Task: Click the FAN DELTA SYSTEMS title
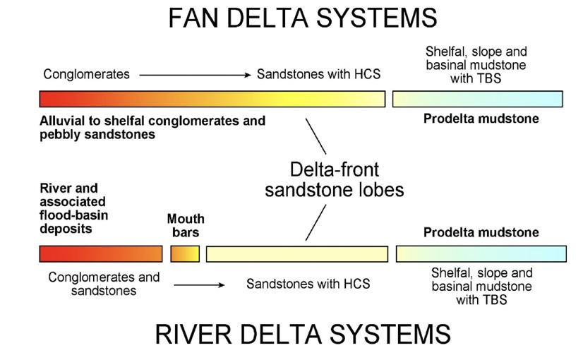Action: pyautogui.click(x=302, y=18)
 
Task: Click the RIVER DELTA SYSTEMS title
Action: pyautogui.click(x=302, y=334)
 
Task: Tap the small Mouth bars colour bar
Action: pyautogui.click(x=185, y=253)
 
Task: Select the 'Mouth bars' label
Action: pyautogui.click(x=183, y=225)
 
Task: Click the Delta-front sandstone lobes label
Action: pyautogui.click(x=335, y=179)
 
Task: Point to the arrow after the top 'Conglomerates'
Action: pyautogui.click(x=195, y=74)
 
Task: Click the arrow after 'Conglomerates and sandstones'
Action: pyautogui.click(x=199, y=285)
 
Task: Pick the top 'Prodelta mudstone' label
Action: pyautogui.click(x=481, y=119)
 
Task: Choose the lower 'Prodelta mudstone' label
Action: pyautogui.click(x=481, y=232)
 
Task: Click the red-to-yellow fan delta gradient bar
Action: pyautogui.click(x=212, y=99)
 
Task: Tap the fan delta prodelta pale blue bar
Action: pyautogui.click(x=477, y=99)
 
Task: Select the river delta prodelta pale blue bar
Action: pyautogui.click(x=481, y=253)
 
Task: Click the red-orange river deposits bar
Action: pyautogui.click(x=100, y=253)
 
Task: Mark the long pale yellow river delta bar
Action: pyautogui.click(x=296, y=253)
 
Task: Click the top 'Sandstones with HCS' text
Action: pyautogui.click(x=318, y=74)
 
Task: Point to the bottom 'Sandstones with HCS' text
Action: pyautogui.click(x=308, y=284)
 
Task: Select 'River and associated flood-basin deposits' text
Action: pyautogui.click(x=74, y=209)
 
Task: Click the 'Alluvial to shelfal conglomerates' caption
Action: pyautogui.click(x=152, y=127)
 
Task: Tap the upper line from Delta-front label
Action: pyautogui.click(x=315, y=136)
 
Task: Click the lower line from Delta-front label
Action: pyautogui.click(x=315, y=222)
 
